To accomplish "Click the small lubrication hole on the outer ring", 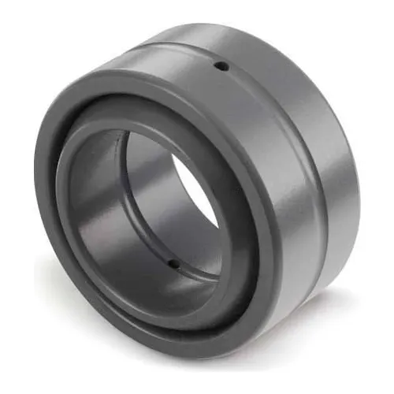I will pyautogui.click(x=222, y=65).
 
